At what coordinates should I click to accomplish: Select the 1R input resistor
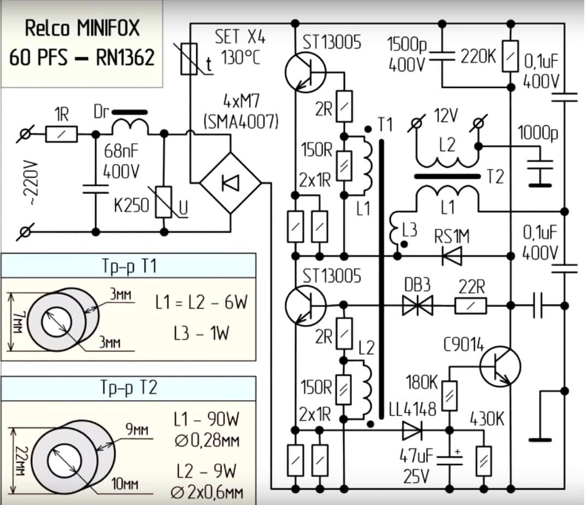pos(61,133)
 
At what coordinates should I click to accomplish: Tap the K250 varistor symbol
pos(163,202)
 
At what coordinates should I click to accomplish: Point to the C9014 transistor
pos(500,367)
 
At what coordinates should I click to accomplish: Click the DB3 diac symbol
pos(417,306)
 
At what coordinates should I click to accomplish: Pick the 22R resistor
pos(471,306)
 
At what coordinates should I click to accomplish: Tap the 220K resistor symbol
pos(510,56)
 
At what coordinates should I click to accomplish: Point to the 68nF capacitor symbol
pos(95,189)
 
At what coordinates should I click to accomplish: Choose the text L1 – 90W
pos(207,420)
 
